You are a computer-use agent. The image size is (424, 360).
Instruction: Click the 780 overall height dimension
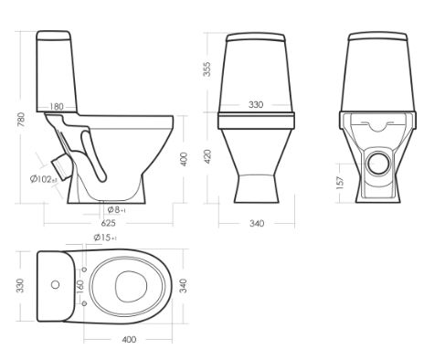[x=21, y=120]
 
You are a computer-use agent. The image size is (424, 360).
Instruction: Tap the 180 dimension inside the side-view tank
[x=57, y=107]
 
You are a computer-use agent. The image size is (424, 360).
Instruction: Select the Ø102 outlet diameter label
[x=44, y=179]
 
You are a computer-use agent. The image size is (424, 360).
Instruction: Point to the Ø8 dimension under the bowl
[x=116, y=209]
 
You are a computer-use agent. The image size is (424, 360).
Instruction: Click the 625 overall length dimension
[x=108, y=223]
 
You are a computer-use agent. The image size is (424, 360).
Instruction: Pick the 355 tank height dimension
[x=207, y=69]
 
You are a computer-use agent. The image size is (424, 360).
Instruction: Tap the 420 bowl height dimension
[x=207, y=156]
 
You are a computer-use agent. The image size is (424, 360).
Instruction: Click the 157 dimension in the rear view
[x=340, y=183]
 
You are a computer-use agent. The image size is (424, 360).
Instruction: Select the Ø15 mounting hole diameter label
[x=105, y=238]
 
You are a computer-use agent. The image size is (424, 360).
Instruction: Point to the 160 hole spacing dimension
[x=79, y=286]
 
